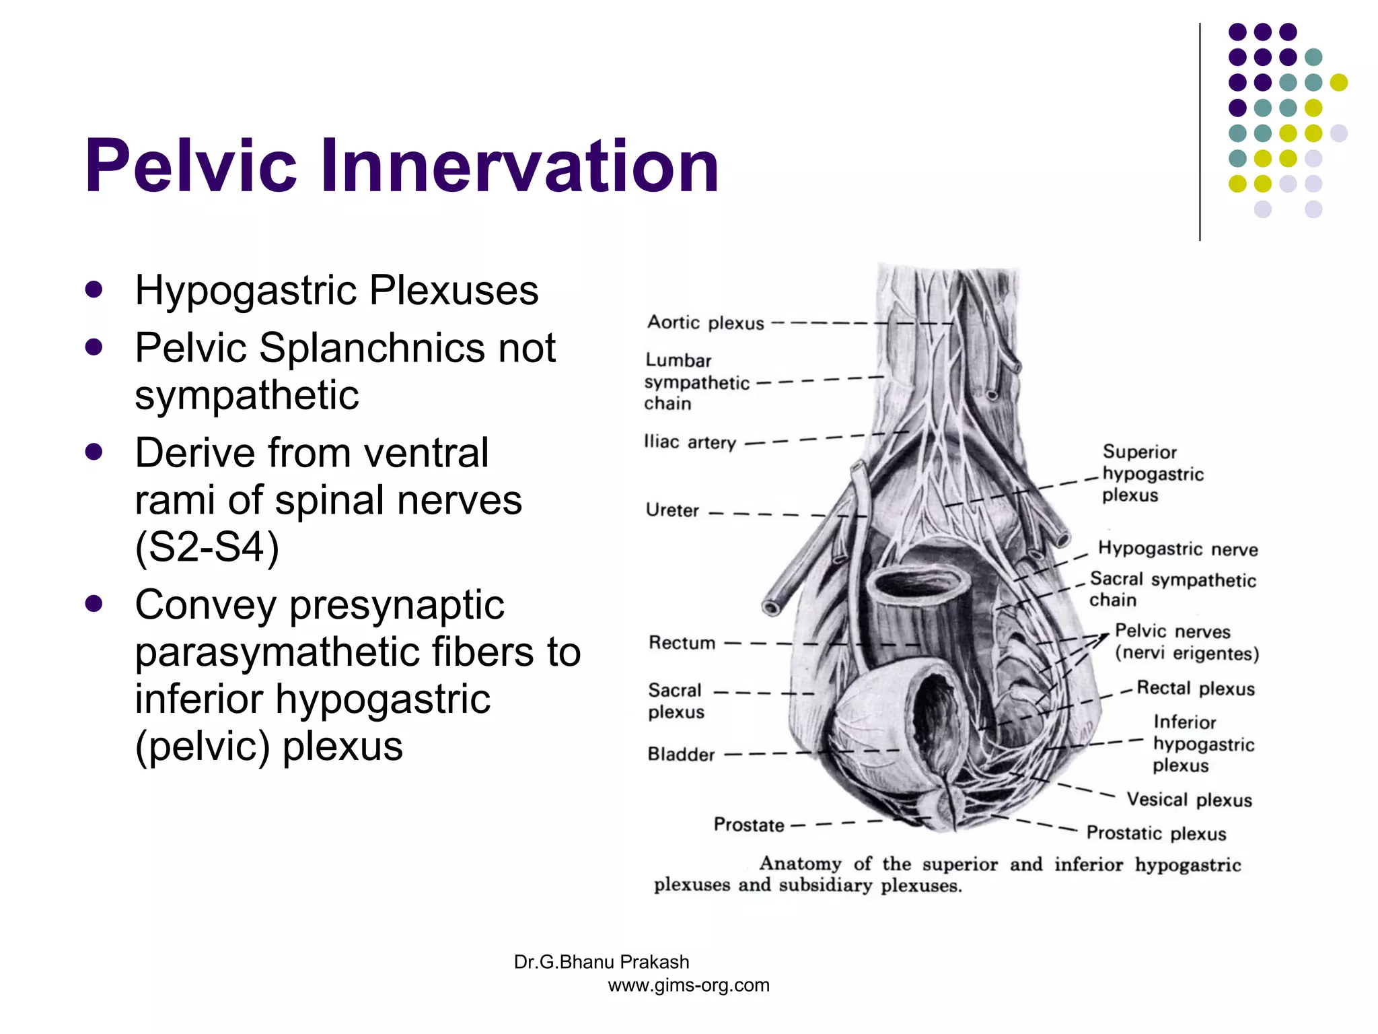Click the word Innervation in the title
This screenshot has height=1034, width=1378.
(519, 166)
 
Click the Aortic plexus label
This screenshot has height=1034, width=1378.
(705, 323)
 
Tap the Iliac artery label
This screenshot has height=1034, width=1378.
(690, 442)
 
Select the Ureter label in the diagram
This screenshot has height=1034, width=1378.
(672, 510)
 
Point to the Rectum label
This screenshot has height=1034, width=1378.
(682, 643)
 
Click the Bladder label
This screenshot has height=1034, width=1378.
(681, 754)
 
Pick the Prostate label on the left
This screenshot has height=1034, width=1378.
(748, 825)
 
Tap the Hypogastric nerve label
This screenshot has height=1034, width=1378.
(1177, 549)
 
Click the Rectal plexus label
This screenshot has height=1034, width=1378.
(1195, 688)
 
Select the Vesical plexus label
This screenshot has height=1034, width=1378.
(1189, 800)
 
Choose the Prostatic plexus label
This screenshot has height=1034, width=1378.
(1156, 833)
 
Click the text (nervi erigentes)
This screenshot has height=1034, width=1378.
(1186, 654)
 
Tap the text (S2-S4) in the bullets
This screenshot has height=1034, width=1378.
(207, 547)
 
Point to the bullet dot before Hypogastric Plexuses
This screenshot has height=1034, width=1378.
(94, 289)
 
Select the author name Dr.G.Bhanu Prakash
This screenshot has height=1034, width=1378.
(601, 962)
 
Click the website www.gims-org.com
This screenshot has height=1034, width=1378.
(688, 985)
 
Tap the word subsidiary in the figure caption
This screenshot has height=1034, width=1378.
(826, 885)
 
